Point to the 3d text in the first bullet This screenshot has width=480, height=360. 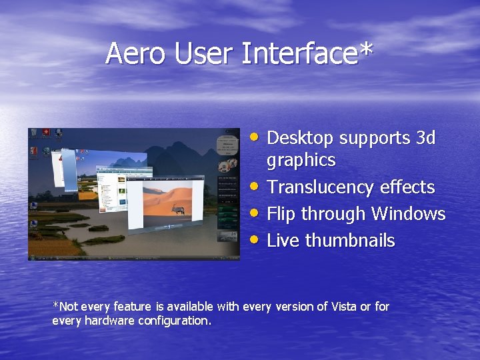point(425,138)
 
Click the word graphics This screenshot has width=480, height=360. point(301,161)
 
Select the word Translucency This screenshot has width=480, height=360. point(321,188)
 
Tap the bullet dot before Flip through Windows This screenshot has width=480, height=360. point(256,213)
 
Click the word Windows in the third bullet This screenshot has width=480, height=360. point(408,214)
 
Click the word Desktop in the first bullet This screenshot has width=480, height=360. point(301,138)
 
